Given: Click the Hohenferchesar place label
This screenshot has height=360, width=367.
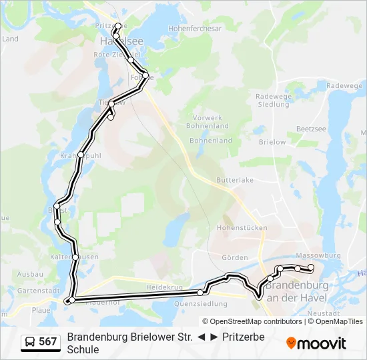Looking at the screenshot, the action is [x=195, y=29].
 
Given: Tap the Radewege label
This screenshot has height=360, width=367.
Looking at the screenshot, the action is [x=344, y=85].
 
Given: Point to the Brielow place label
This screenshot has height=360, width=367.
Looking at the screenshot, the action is [x=272, y=142].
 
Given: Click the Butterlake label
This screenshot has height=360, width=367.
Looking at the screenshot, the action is [x=235, y=181].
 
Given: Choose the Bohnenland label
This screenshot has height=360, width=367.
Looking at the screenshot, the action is [x=211, y=141].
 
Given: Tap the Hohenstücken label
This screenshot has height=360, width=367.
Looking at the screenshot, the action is [x=242, y=228].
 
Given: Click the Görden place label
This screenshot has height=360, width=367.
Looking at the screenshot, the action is [x=234, y=257].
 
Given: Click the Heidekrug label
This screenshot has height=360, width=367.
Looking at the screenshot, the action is [x=164, y=287].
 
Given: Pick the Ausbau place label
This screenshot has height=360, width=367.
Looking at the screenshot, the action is [x=30, y=274].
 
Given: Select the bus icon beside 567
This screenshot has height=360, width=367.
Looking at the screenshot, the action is [x=31, y=342].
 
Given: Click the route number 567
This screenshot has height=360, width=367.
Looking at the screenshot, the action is [x=48, y=342].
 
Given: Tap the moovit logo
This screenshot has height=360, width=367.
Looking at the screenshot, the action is [x=316, y=343].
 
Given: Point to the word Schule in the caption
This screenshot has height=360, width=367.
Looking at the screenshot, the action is [x=83, y=349].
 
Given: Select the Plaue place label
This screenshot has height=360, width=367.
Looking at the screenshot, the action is [x=41, y=310].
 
